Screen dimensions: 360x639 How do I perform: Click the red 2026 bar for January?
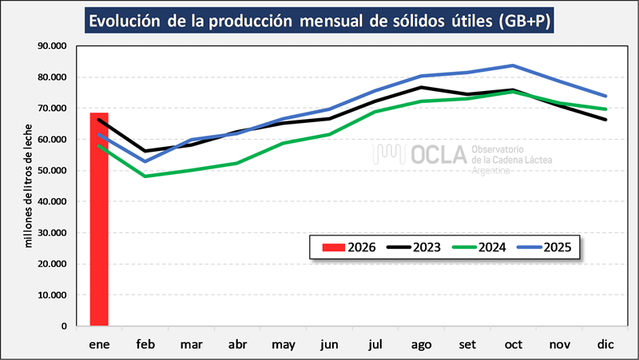(x=99, y=220)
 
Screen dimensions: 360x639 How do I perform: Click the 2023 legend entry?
(x=416, y=247)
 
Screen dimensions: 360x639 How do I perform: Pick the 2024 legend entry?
(x=483, y=247)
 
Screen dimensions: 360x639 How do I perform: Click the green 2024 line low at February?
(x=145, y=176)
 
